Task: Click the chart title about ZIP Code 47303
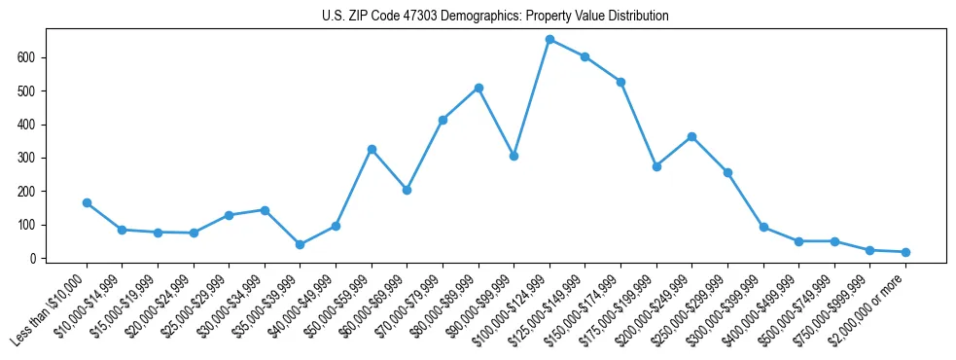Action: (495, 17)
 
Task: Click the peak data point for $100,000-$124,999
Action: (549, 40)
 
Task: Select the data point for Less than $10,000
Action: (87, 203)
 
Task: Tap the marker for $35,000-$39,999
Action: (300, 245)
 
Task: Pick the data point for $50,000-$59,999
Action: (372, 150)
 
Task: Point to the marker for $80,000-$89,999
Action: (478, 88)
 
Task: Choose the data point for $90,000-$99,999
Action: (513, 156)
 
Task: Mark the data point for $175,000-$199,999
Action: (656, 166)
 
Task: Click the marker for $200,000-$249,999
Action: (691, 137)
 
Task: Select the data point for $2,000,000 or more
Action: (905, 252)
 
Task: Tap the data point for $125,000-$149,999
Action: (584, 56)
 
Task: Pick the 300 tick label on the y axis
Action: (30, 158)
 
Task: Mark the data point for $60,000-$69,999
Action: (407, 190)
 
